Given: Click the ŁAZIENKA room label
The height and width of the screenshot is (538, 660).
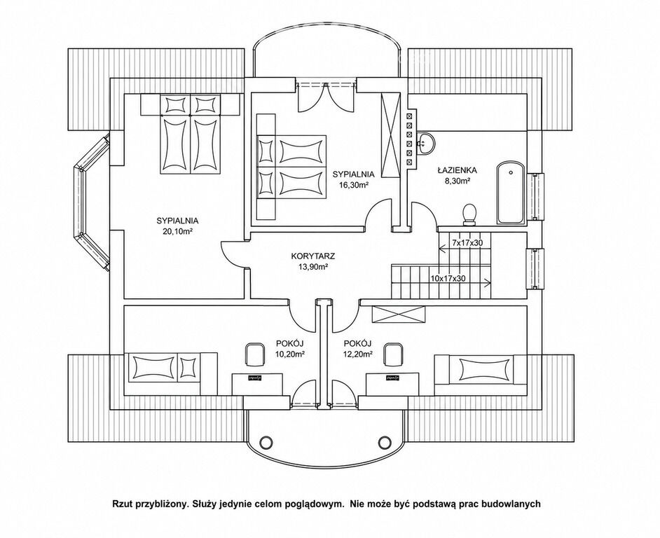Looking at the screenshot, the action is click(456, 170).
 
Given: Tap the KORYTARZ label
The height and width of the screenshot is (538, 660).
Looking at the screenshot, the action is click(312, 256).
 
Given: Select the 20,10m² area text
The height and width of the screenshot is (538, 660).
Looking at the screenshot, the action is click(177, 231).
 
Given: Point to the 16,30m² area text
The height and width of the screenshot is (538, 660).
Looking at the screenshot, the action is click(353, 184).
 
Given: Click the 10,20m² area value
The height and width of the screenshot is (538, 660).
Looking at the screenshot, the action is click(289, 354).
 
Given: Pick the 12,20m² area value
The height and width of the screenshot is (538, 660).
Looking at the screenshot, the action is click(358, 354).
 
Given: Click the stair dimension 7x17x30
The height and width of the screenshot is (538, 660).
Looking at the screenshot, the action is click(467, 243).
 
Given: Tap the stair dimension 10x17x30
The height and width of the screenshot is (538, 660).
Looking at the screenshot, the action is click(448, 278).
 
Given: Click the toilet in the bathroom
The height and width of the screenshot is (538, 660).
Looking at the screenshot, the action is click(469, 214).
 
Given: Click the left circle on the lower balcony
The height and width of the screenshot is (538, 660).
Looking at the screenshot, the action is click(266, 441).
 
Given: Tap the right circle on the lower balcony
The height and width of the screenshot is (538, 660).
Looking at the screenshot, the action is click(385, 441).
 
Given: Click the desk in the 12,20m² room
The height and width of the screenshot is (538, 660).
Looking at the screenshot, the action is click(393, 384).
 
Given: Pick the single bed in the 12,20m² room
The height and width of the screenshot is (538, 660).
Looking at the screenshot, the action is click(480, 369).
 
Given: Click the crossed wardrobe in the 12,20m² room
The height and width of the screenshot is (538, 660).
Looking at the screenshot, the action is click(399, 315).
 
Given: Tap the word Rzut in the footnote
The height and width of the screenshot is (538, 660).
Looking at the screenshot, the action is click(121, 504).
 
